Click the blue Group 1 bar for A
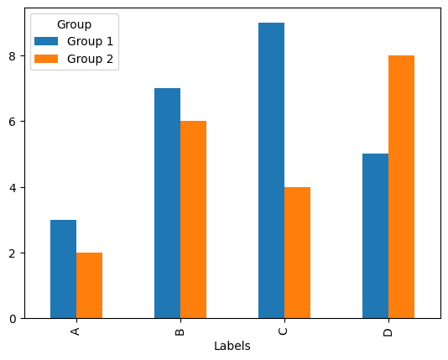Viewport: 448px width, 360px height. (x=63, y=269)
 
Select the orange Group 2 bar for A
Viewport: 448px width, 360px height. (x=89, y=285)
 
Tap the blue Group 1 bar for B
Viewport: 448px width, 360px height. (x=167, y=203)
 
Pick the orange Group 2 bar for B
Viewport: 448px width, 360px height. (x=193, y=220)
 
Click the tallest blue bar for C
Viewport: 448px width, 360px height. (x=271, y=170)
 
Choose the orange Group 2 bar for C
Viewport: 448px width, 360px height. (x=297, y=253)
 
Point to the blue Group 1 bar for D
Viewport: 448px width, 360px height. (x=375, y=236)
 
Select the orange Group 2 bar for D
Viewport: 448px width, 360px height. (x=401, y=187)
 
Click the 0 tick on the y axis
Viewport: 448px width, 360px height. (x=13, y=319)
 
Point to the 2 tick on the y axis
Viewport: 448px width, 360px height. (x=13, y=253)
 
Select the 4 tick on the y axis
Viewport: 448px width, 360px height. (x=13, y=188)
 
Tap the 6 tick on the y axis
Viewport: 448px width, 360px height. (x=13, y=122)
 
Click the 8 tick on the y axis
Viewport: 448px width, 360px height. (x=13, y=56)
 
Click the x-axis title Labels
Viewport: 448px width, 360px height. (x=232, y=347)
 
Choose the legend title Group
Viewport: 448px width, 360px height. (x=74, y=25)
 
